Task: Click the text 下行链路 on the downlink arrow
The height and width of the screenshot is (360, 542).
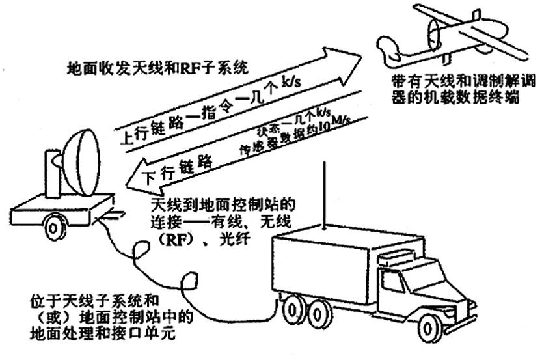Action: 176,167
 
